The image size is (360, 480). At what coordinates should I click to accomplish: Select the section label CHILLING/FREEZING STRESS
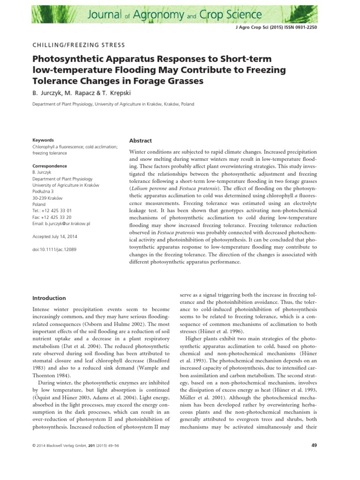pyautogui.click(x=78, y=45)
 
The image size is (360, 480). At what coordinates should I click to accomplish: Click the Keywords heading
pyautogui.click(x=43, y=140)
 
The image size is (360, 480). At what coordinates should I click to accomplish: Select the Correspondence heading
pyautogui.click(x=49, y=166)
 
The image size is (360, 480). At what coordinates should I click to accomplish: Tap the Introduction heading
pyautogui.click(x=49, y=298)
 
